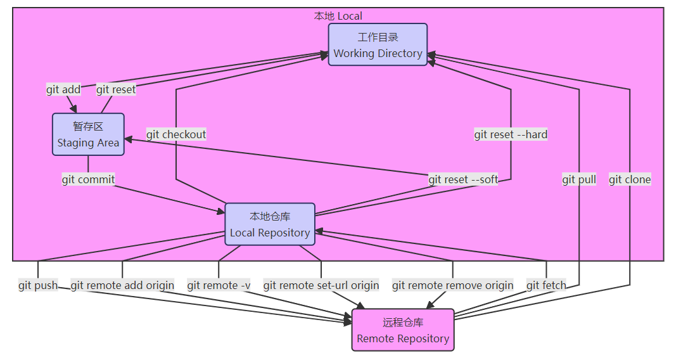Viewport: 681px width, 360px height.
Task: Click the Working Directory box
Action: (x=378, y=45)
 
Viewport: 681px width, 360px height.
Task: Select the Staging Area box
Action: (x=88, y=134)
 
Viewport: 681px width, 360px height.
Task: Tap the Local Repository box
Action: (x=270, y=224)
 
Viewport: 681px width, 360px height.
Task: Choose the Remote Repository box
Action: (x=403, y=330)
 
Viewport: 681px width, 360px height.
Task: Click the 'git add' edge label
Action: (x=63, y=89)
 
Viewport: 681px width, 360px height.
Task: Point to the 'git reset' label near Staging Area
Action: (x=116, y=89)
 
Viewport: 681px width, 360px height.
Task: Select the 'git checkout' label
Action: (x=176, y=134)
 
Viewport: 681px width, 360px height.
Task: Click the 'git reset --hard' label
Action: (x=511, y=134)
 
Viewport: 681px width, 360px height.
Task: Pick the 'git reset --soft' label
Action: (x=463, y=179)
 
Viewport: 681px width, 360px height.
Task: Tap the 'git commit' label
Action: (x=88, y=179)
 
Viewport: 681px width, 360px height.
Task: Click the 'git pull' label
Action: (x=579, y=179)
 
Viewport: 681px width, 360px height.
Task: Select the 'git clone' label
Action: (x=630, y=179)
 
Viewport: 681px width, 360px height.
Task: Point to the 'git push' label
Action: (x=38, y=285)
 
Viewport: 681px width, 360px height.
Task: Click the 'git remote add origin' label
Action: (x=122, y=285)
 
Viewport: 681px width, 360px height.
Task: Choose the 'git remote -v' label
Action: (x=219, y=285)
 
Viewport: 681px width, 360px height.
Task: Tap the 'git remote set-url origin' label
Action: (x=321, y=285)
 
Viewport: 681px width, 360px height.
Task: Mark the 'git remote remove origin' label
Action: (x=453, y=285)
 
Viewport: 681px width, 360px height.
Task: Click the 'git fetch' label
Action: (x=546, y=285)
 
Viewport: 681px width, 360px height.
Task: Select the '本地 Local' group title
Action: (x=338, y=16)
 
